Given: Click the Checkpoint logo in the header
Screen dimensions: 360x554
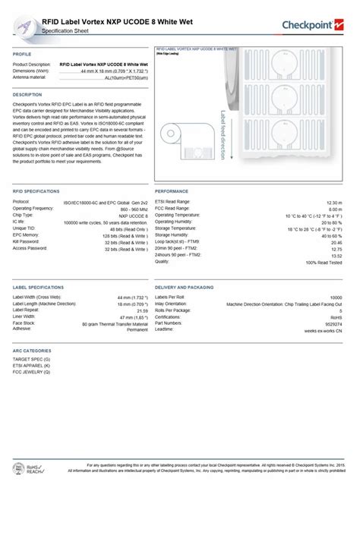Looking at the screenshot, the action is coord(312,26).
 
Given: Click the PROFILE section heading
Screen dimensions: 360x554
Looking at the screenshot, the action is coord(22,55).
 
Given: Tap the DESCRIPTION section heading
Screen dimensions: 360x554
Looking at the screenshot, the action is coord(27,94).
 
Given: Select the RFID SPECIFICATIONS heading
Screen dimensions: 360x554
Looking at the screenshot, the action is coord(36,191).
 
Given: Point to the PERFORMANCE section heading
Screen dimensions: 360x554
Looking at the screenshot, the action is coord(172,191).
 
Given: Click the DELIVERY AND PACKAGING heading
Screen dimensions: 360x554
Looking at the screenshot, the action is coord(184,288).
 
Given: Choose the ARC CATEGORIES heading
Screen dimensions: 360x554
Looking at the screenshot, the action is coord(32,351).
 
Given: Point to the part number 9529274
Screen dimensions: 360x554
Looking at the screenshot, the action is coord(333,323).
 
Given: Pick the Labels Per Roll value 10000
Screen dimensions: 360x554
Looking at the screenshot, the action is coord(335,297).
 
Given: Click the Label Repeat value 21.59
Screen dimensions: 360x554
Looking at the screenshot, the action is coord(141,310).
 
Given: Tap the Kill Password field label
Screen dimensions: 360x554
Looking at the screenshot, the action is coord(29,241).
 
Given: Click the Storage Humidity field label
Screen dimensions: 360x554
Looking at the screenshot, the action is coord(172,235).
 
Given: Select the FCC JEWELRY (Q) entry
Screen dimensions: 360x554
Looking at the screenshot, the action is coord(31,373).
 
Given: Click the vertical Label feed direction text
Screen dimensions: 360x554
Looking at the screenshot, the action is coord(223,134).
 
